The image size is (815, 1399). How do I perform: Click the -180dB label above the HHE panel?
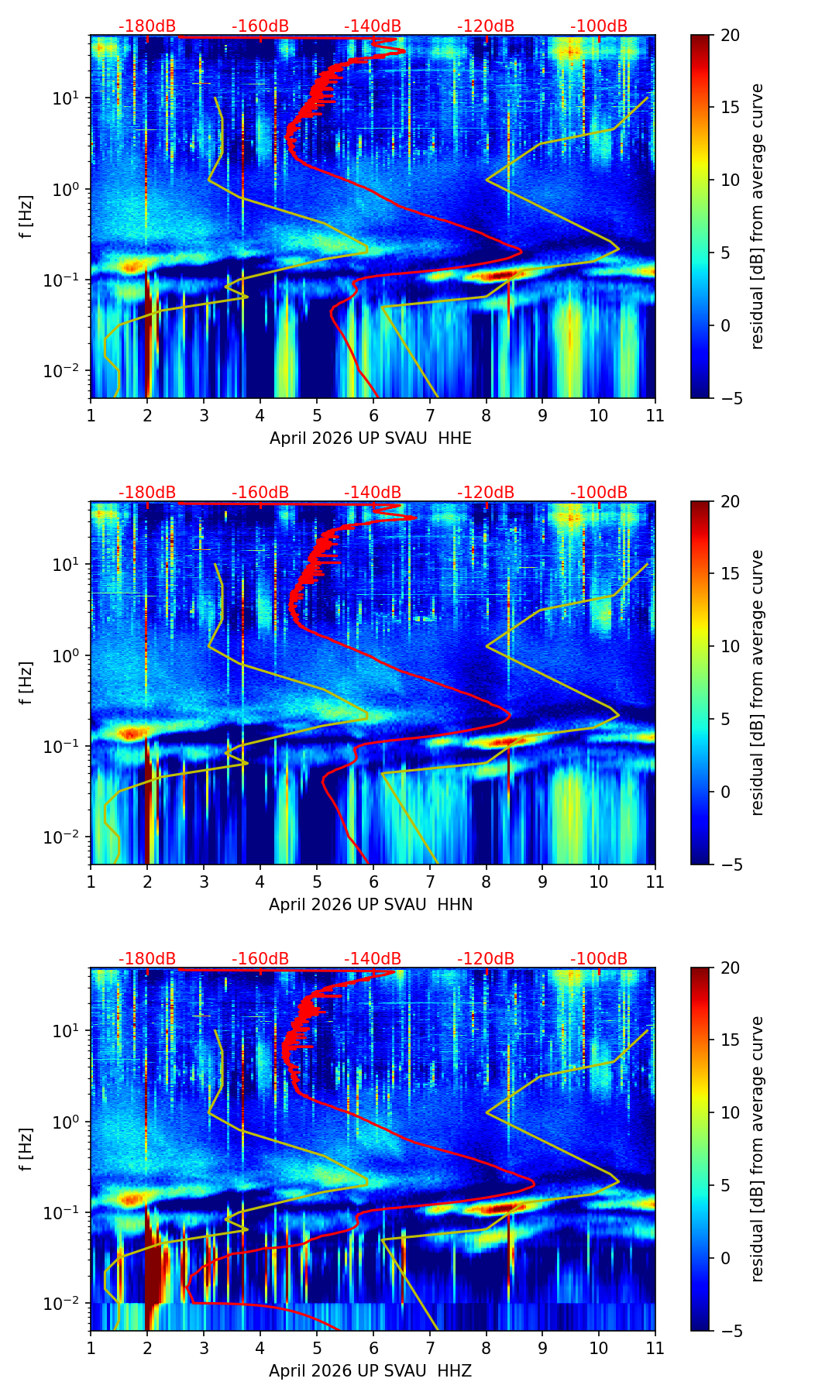click(x=147, y=26)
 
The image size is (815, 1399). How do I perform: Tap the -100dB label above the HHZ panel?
click(x=599, y=959)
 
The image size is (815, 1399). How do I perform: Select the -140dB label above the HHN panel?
click(x=373, y=493)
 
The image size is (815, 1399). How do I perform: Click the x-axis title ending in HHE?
click(x=370, y=438)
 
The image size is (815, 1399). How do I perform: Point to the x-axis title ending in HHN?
click(x=370, y=905)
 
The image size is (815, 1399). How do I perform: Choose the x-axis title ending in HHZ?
click(x=370, y=1371)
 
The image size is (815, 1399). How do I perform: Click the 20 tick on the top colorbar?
click(x=730, y=36)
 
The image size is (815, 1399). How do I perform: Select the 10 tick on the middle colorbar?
click(x=730, y=646)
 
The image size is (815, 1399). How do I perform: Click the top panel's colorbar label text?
click(x=758, y=217)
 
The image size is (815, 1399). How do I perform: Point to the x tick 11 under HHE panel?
click(x=655, y=415)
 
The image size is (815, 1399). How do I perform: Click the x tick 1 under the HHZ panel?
click(x=91, y=1348)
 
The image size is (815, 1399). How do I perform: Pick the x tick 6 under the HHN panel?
click(x=373, y=882)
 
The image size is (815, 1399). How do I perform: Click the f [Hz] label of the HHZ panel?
click(x=26, y=1150)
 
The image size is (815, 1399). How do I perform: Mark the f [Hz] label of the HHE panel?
click(x=26, y=217)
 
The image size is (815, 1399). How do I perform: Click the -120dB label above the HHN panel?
click(x=486, y=493)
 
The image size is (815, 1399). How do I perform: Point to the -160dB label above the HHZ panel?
click(x=260, y=959)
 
